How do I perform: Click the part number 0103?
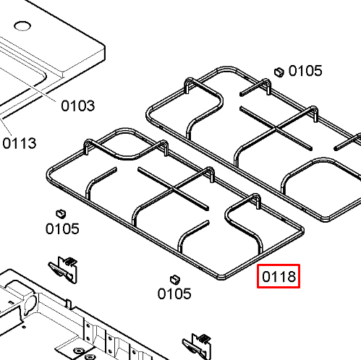[x=78, y=106]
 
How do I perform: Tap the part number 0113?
[x=20, y=143]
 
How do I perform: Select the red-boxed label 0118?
[x=279, y=276]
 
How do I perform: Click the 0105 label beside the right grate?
[x=305, y=71]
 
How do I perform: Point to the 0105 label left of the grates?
[x=62, y=228]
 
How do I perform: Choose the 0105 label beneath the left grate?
[x=174, y=293]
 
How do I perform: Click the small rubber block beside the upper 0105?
[x=279, y=72]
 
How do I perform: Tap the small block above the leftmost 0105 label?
[x=61, y=213]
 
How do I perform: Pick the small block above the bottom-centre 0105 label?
[x=175, y=279]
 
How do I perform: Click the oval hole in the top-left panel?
[x=22, y=26]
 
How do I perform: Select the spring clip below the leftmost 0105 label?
[x=63, y=270]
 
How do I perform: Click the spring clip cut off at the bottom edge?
[x=197, y=346]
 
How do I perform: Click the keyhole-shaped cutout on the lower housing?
[x=30, y=303]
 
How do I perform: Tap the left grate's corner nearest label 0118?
[x=221, y=278]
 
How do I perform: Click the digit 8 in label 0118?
[x=291, y=276]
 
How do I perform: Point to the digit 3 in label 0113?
[x=32, y=143]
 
